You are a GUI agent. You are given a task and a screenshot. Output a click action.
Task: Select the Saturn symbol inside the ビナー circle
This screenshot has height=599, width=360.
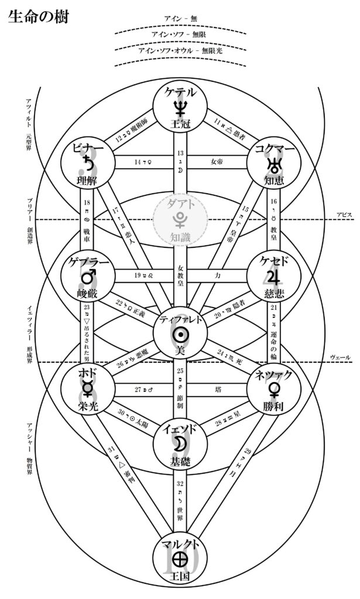tap(89, 161)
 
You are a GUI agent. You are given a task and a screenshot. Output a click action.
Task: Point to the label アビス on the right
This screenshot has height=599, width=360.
tap(344, 215)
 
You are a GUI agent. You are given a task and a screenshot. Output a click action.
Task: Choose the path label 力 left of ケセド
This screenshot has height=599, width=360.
tap(218, 274)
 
